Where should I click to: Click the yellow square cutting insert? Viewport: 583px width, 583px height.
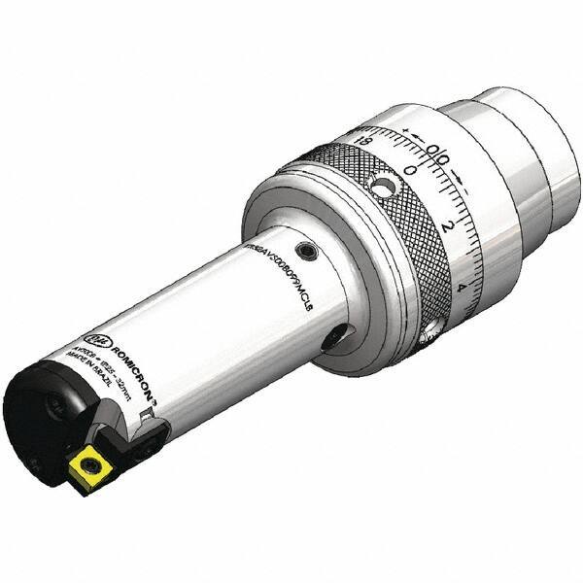pyautogui.click(x=89, y=470)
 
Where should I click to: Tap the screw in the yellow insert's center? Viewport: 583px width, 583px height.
pyautogui.click(x=89, y=471)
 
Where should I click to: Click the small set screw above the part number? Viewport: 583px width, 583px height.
pyautogui.click(x=307, y=252)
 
